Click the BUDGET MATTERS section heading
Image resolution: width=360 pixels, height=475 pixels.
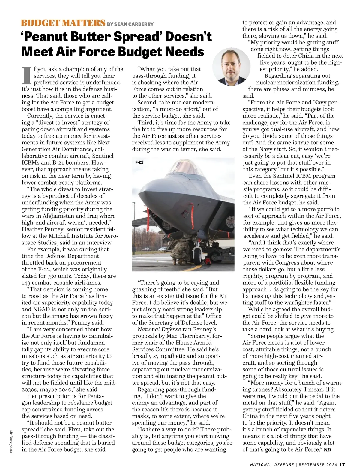tap(63, 23)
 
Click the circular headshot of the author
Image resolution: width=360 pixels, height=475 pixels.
tap(231, 67)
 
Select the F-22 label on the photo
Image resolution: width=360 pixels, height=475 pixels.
tap(139, 162)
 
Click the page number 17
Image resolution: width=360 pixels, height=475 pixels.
tap(342, 464)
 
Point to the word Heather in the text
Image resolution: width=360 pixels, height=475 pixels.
tap(32, 229)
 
